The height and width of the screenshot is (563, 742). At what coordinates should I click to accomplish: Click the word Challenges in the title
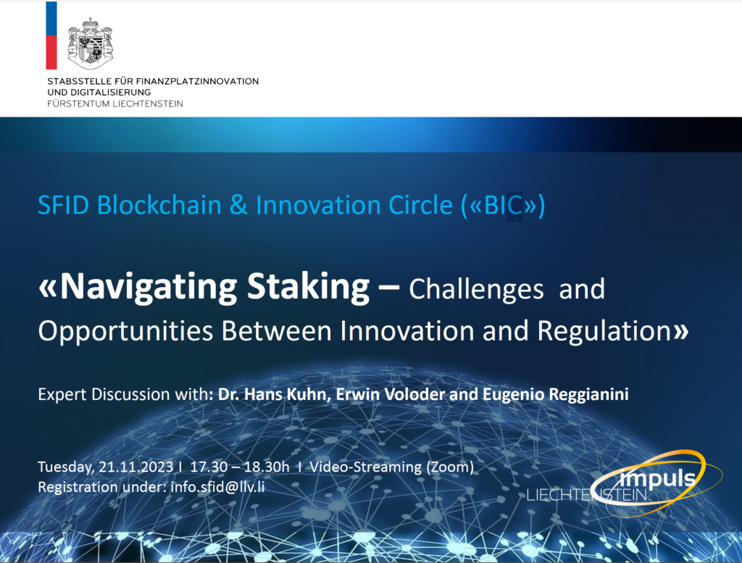pos(476,289)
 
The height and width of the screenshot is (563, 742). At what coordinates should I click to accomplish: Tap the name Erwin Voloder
pos(366,394)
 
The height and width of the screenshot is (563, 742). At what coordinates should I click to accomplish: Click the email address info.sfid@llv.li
pos(217,486)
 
